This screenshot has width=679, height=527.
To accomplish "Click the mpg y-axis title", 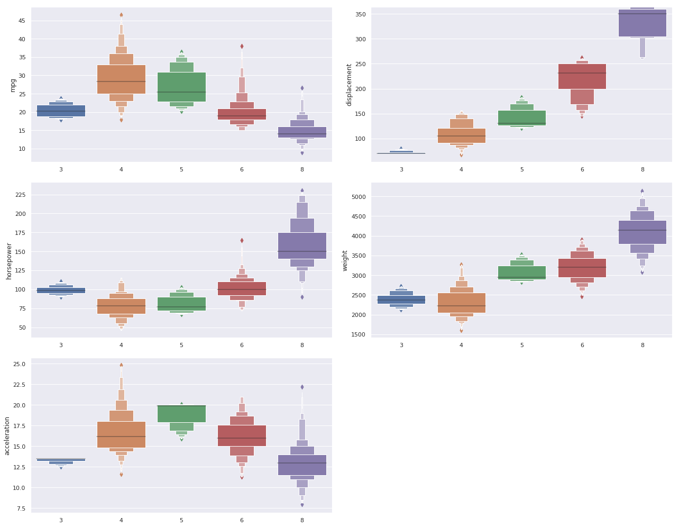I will click(x=13, y=85).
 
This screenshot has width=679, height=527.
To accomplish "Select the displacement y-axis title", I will click(x=349, y=85).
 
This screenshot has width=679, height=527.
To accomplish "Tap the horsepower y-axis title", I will click(x=9, y=260).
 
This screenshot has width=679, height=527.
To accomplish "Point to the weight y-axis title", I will click(x=345, y=260).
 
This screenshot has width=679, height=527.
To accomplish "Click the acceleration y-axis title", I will click(x=7, y=435).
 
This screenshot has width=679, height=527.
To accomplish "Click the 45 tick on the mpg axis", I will click(x=22, y=21).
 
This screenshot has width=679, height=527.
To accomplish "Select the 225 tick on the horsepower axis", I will click(x=20, y=195).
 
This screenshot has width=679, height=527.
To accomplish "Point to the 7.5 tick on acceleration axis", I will click(x=20, y=508).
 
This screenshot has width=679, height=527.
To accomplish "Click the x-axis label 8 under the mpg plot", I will click(x=302, y=169).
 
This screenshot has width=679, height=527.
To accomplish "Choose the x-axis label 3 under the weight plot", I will click(x=401, y=345).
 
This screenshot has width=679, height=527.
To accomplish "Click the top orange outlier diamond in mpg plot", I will click(x=121, y=15).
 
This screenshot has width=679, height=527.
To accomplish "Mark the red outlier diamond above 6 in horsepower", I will click(x=242, y=240).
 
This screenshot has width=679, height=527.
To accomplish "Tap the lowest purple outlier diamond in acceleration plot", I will click(x=302, y=505).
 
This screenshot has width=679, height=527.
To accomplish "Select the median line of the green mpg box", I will click(x=181, y=92).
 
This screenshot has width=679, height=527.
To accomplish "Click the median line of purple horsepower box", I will click(x=302, y=251).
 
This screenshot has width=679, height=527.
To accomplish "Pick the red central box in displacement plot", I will click(x=582, y=76).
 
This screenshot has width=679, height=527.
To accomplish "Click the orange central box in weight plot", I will click(x=461, y=302).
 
